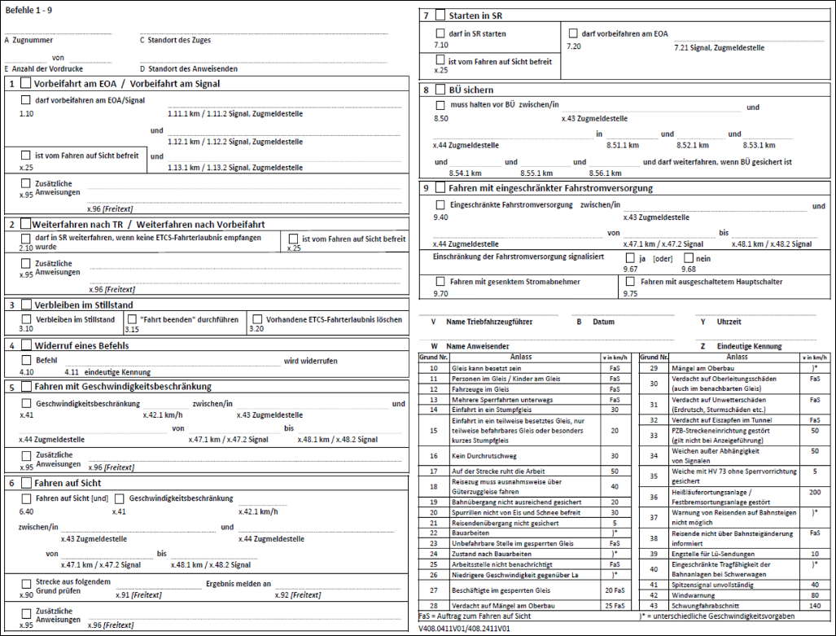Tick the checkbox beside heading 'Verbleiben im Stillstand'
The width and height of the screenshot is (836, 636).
pyautogui.click(x=26, y=305)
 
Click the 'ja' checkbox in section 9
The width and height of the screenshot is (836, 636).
pyautogui.click(x=629, y=258)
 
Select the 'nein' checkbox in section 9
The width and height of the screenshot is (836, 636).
pyautogui.click(x=688, y=258)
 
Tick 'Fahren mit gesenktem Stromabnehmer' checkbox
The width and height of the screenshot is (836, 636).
pyautogui.click(x=440, y=282)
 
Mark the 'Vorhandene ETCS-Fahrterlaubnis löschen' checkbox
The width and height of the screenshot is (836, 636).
pyautogui.click(x=257, y=319)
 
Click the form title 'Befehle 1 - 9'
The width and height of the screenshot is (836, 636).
pyautogui.click(x=28, y=7)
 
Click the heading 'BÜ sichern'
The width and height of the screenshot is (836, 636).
pyautogui.click(x=470, y=90)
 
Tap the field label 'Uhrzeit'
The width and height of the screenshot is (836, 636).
pyautogui.click(x=731, y=322)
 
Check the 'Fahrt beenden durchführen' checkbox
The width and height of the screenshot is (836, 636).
pyautogui.click(x=133, y=319)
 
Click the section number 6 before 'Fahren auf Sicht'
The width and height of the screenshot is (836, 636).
pyautogui.click(x=11, y=483)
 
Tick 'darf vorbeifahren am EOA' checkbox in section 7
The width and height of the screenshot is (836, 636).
pyautogui.click(x=573, y=33)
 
